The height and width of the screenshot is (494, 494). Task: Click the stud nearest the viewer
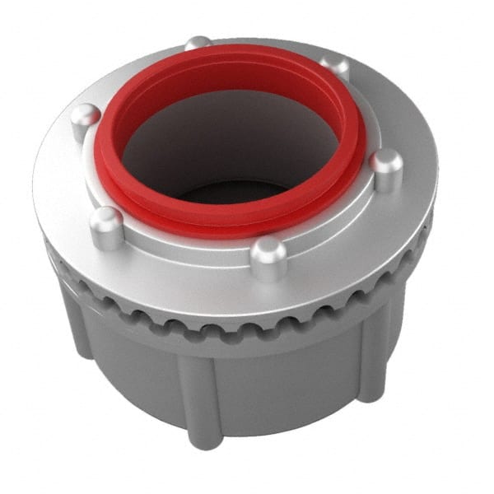click(268, 256)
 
